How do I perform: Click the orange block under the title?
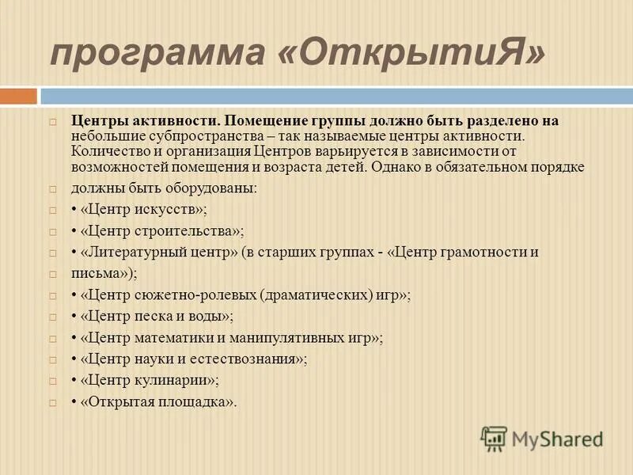click(x=18, y=97)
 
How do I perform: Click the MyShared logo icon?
click(x=495, y=438)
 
